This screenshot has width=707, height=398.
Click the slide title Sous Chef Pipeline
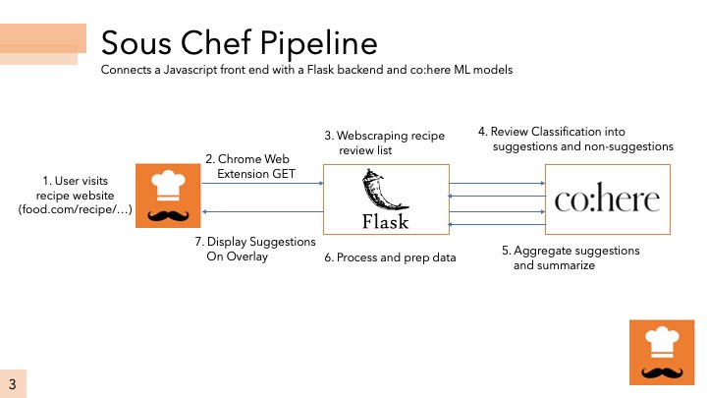point(239,43)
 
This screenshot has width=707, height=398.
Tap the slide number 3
point(12,384)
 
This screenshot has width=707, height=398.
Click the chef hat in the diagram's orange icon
point(168,185)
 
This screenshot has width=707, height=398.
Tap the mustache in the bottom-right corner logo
point(662,372)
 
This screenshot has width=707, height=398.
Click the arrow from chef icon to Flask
point(262,183)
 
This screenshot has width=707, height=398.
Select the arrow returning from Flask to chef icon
point(262,211)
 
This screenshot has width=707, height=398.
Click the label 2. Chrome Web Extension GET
point(250,166)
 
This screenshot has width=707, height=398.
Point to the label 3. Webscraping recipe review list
point(384,142)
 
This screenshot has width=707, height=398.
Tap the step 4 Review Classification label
point(575,139)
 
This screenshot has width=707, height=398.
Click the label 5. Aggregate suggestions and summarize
point(571,257)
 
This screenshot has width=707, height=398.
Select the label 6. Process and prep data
point(390,257)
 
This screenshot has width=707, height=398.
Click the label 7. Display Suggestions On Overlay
point(255,249)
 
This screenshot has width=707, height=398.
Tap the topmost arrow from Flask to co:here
point(497,183)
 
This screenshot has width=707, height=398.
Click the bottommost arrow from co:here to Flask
point(497,224)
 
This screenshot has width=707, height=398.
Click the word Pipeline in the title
point(319,44)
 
